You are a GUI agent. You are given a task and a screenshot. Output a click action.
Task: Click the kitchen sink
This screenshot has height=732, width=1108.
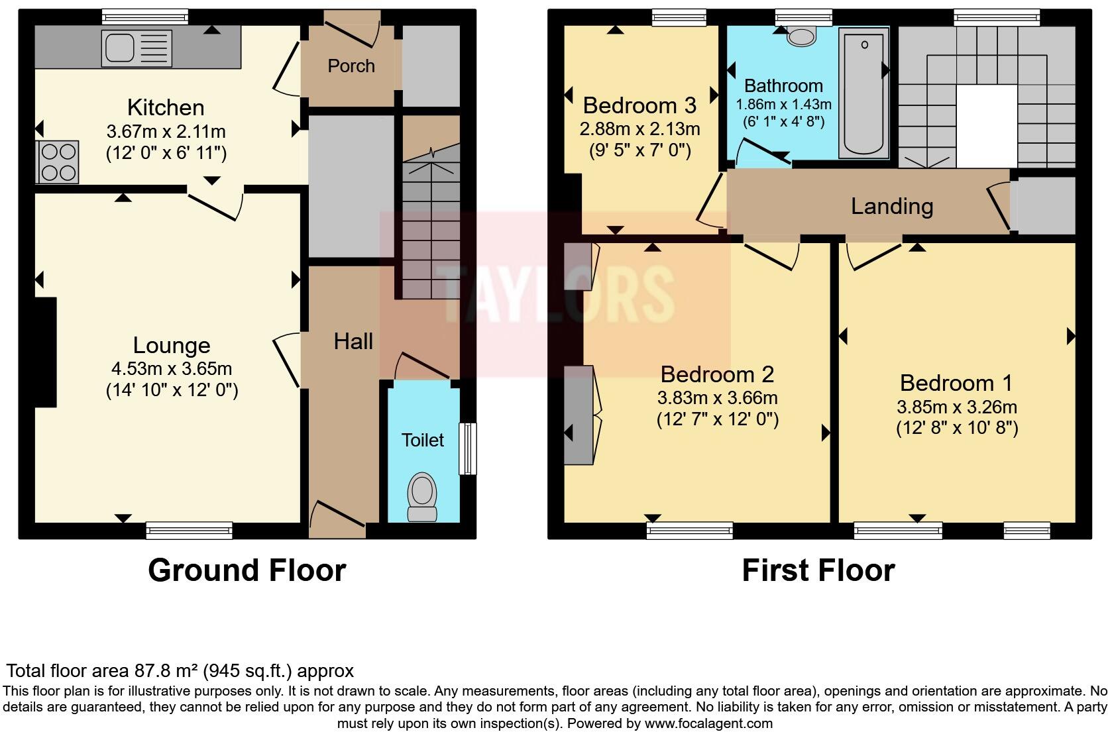pyautogui.click(x=136, y=48)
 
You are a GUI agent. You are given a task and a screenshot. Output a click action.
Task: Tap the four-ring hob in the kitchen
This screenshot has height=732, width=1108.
pyautogui.click(x=58, y=162)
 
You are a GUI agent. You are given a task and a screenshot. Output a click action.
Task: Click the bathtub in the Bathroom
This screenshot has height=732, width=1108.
pyautogui.click(x=863, y=93)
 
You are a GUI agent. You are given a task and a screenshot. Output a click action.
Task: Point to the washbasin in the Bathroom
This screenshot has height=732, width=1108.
pyautogui.click(x=801, y=36)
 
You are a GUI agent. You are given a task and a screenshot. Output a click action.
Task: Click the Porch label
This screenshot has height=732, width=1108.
pyautogui.click(x=351, y=66)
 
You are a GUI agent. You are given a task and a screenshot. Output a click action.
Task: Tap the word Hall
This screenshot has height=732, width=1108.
pyautogui.click(x=353, y=342)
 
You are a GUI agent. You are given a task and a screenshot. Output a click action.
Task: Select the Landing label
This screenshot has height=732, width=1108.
pyautogui.click(x=891, y=207)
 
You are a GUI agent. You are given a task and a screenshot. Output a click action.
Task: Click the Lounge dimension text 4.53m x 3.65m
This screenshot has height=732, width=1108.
pyautogui.click(x=172, y=369)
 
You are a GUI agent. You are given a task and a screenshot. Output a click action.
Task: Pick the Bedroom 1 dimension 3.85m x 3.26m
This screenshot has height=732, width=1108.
pyautogui.click(x=956, y=407)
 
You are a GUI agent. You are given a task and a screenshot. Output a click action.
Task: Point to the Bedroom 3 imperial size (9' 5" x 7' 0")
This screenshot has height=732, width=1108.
pyautogui.click(x=639, y=151)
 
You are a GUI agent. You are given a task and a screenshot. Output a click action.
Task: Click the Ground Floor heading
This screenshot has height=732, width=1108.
pyautogui.click(x=247, y=570)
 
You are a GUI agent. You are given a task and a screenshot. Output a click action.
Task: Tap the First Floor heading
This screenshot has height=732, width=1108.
pyautogui.click(x=818, y=570)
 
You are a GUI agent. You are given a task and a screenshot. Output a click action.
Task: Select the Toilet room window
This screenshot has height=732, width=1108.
pyautogui.click(x=468, y=448)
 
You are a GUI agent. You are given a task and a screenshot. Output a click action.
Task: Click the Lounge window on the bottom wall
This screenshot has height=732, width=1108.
pyautogui.click(x=189, y=529)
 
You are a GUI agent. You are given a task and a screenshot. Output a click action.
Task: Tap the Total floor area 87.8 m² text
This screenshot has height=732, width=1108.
pyautogui.click(x=180, y=670)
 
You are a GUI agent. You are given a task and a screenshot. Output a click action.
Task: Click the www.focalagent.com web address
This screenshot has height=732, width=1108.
pyautogui.click(x=708, y=723)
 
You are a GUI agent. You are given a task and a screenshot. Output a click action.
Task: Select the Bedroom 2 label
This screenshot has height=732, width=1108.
pyautogui.click(x=716, y=375)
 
